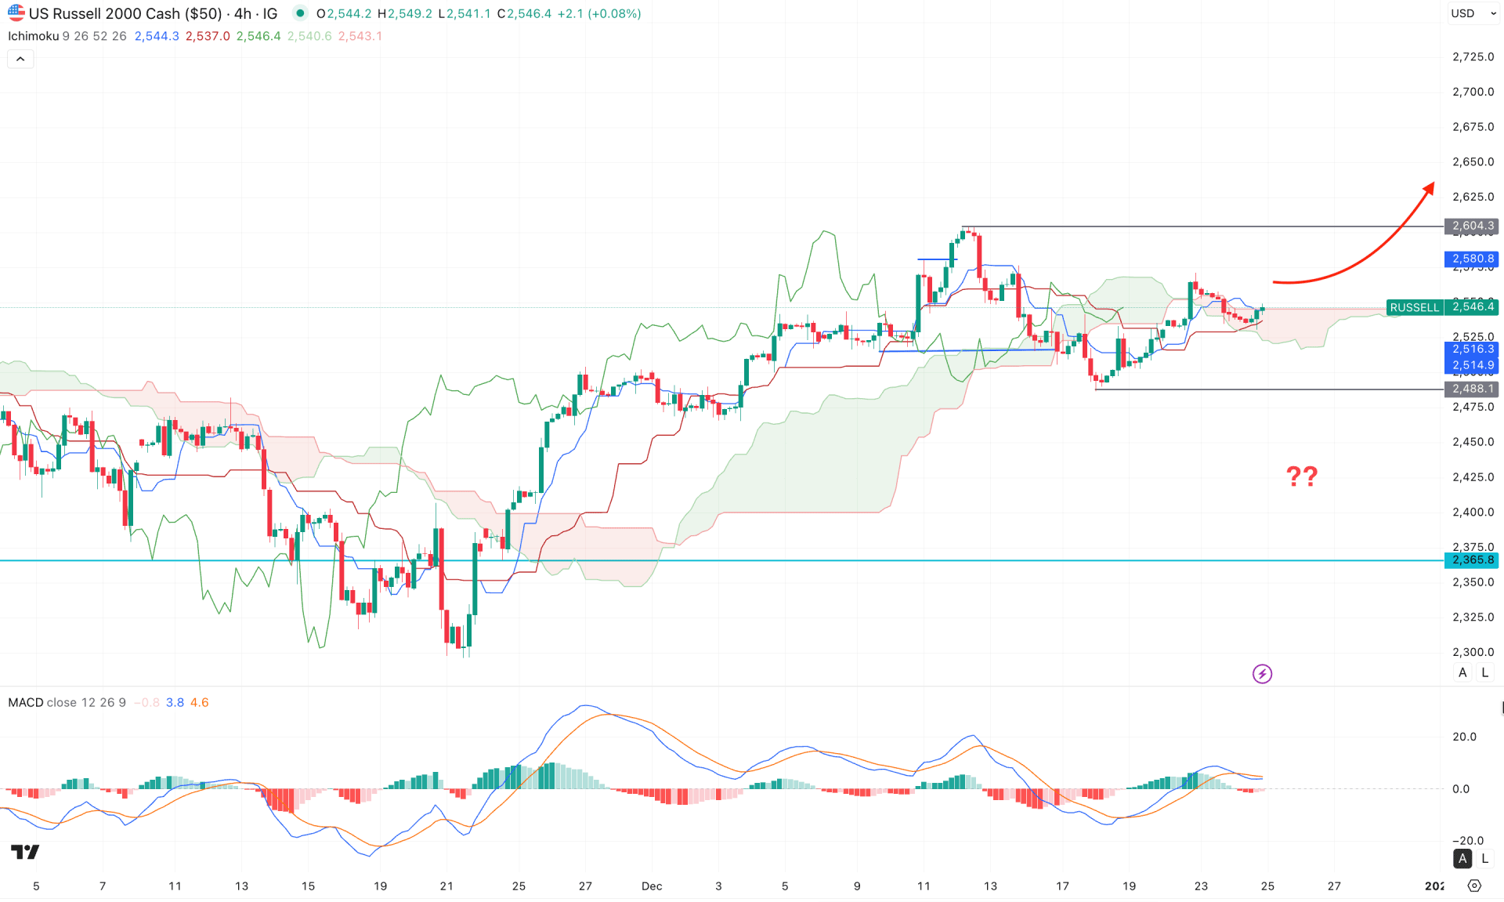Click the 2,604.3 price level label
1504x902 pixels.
point(1472,226)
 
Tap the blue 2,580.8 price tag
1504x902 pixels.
point(1472,259)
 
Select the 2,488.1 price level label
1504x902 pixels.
point(1472,389)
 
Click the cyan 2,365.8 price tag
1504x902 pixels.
point(1472,560)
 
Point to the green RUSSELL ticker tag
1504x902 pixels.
point(1414,307)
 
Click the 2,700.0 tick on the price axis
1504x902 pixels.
point(1473,92)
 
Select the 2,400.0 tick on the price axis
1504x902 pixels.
point(1473,512)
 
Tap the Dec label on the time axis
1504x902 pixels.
point(652,886)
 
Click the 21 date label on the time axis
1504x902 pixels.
point(446,886)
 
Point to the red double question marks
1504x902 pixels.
point(1302,476)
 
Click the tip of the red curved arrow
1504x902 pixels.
point(1433,185)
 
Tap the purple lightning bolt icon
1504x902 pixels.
point(1262,674)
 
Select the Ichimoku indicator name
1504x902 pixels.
point(34,36)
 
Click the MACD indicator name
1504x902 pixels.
point(26,702)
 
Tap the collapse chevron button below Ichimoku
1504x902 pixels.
point(20,59)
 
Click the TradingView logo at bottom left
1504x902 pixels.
point(25,852)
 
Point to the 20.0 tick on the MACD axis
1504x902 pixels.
point(1464,737)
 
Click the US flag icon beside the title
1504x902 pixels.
point(16,13)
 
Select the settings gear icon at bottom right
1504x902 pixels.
point(1474,886)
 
